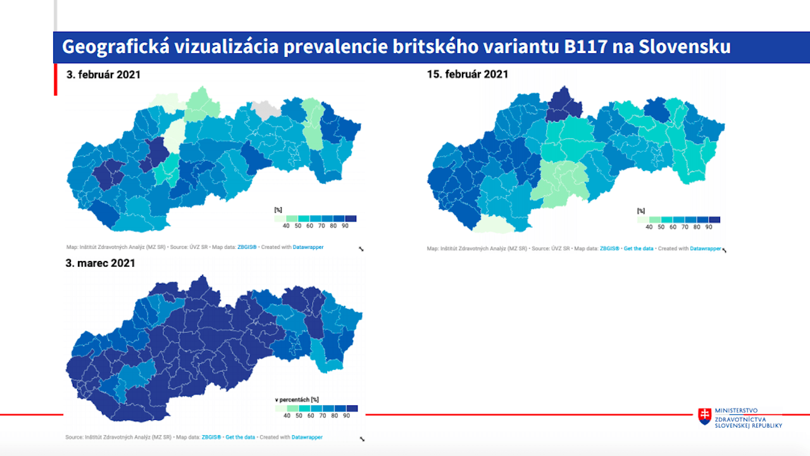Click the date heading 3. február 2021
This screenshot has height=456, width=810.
(103, 74)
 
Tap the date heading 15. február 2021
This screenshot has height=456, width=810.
(468, 74)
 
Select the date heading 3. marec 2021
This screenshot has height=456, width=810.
(100, 263)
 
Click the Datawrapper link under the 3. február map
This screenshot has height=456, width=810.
(308, 247)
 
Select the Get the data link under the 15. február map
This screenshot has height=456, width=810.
(638, 249)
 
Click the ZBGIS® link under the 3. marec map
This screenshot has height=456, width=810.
(211, 437)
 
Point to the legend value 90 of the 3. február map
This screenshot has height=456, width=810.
(346, 226)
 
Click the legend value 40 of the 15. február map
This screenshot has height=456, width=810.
(649, 227)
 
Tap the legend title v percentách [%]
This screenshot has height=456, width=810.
(296, 400)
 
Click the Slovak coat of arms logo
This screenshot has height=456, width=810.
(704, 416)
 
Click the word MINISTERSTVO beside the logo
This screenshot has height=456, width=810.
(736, 411)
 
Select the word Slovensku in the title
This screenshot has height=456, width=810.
(685, 47)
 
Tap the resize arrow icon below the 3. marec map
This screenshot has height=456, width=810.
(362, 439)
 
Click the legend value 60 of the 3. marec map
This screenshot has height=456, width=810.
(311, 416)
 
